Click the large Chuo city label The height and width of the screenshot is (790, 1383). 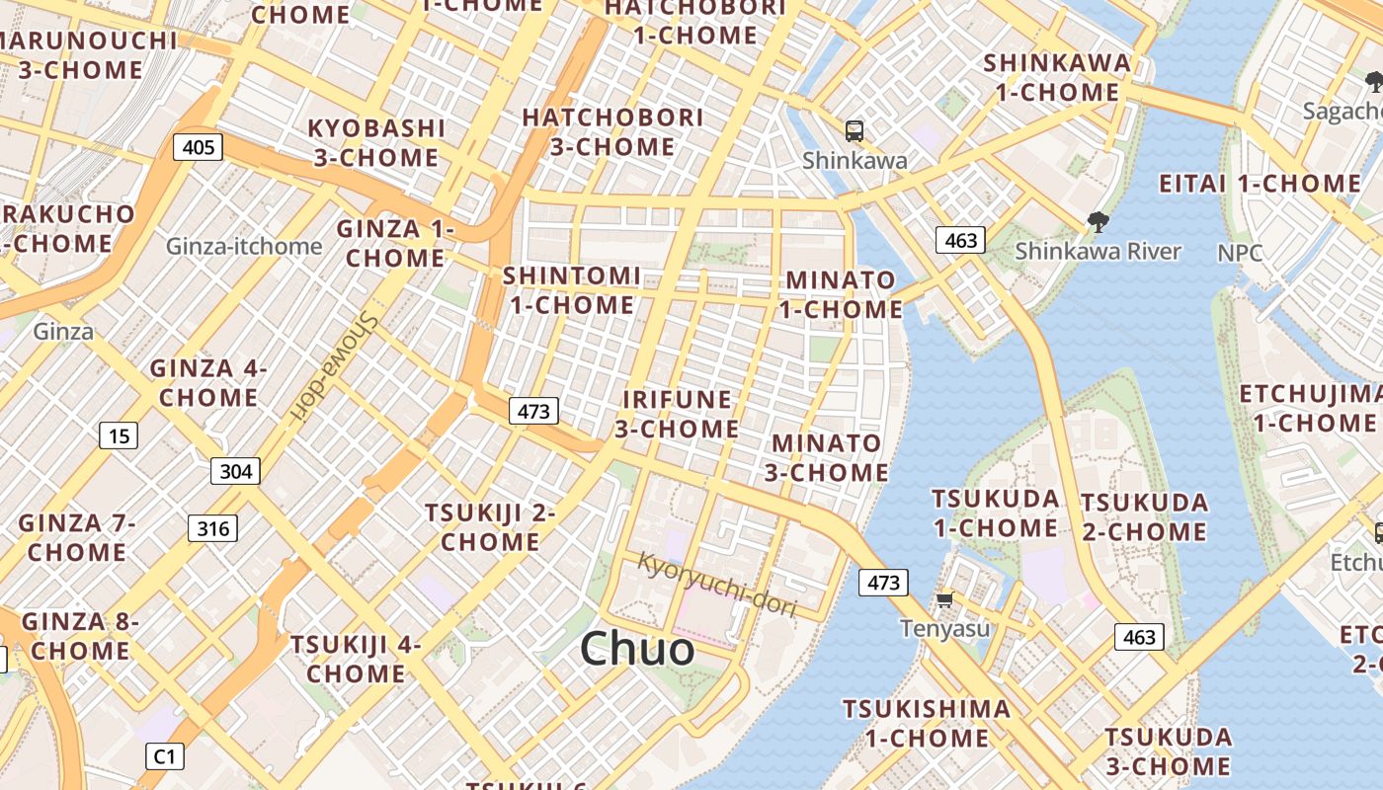(x=637, y=649)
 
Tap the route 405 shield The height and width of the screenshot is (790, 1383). (x=199, y=148)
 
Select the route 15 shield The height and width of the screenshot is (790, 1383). (x=119, y=435)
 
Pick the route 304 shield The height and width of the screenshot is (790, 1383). (x=235, y=471)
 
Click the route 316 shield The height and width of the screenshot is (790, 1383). (x=213, y=529)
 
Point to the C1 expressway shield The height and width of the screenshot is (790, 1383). (x=165, y=757)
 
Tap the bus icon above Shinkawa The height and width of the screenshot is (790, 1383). (x=854, y=130)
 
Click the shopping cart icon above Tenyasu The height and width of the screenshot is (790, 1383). (x=945, y=599)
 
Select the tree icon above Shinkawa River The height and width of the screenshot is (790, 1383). (x=1097, y=222)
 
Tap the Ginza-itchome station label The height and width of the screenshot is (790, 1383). (x=244, y=246)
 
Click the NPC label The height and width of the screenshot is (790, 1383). (x=1240, y=253)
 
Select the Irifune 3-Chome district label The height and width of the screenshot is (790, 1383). (x=677, y=414)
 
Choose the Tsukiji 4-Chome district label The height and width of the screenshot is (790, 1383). (x=356, y=659)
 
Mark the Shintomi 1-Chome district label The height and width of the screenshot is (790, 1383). (x=572, y=290)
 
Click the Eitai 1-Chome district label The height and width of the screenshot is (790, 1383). (x=1260, y=184)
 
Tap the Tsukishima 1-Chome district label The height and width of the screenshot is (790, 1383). (x=927, y=723)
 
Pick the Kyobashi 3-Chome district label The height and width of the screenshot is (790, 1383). (x=375, y=142)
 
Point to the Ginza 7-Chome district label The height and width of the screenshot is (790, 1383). (x=77, y=537)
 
